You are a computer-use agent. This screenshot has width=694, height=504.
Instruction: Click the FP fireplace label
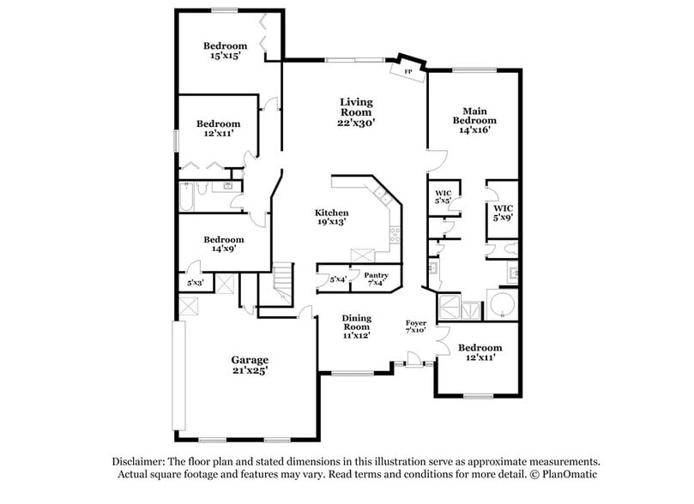point(408,70)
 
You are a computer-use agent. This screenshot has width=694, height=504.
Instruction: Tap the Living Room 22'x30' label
point(355,112)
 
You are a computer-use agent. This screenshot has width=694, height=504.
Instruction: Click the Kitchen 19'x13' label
point(331,217)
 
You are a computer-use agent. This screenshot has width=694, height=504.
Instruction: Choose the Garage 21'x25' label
point(250,364)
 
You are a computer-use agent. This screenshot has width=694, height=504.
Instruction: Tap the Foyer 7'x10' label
point(416,327)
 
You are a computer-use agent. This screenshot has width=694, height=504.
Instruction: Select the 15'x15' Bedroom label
point(225,51)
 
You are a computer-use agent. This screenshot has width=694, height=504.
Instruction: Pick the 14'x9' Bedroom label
point(223,243)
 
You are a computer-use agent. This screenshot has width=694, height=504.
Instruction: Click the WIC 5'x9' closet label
point(503,213)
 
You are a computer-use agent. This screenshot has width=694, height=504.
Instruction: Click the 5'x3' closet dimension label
point(196,282)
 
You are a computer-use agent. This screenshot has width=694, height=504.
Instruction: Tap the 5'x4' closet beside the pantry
point(338,279)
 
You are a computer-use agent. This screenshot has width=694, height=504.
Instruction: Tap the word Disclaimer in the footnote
point(141,459)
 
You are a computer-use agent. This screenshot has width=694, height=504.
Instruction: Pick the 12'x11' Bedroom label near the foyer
point(480,352)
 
